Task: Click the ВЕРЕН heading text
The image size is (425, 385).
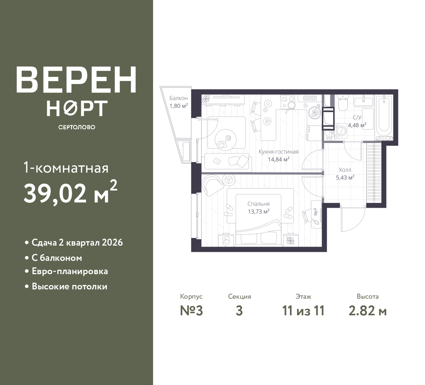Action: pos(76,80)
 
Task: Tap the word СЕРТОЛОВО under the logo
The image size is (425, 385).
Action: pos(77,127)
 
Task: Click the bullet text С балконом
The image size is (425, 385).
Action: pos(57,258)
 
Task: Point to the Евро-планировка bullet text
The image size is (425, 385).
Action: pos(70,271)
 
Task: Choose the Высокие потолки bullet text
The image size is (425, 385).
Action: pos(69,286)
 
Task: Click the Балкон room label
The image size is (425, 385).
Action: pos(179,98)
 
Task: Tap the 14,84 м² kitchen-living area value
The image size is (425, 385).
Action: pos(279,159)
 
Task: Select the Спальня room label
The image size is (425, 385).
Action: pos(258,204)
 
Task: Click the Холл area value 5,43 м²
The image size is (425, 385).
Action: pos(345,178)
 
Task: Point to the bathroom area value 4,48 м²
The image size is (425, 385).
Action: pos(357,125)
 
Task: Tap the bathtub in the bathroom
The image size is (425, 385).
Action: pos(384,117)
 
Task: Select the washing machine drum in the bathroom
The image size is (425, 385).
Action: pos(340,130)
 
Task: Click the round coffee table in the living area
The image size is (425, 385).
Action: pos(226,140)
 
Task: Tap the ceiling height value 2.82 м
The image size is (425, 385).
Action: pos(368,311)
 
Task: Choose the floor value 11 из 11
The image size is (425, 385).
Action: pos(303,311)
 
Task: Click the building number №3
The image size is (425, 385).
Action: pos(191,311)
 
